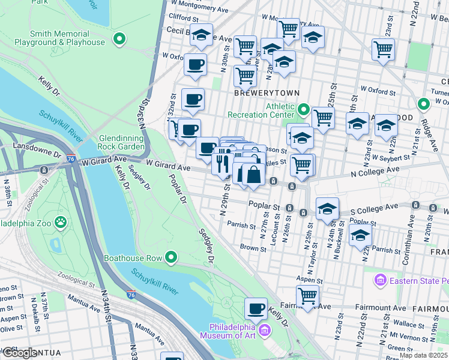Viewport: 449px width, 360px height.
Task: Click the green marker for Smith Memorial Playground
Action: [x=120, y=40]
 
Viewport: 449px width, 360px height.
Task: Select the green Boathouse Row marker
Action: [x=171, y=258]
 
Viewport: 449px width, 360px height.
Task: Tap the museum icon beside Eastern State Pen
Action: [x=379, y=280]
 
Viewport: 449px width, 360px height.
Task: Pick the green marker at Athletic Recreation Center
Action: [x=304, y=110]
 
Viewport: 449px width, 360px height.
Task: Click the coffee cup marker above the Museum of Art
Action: [x=256, y=309]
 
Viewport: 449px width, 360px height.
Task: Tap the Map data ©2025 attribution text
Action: [x=423, y=355]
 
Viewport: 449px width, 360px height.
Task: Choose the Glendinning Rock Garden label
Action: [x=121, y=142]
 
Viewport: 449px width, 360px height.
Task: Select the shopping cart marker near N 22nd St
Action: [x=382, y=49]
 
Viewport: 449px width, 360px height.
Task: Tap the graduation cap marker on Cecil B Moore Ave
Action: [x=202, y=35]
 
